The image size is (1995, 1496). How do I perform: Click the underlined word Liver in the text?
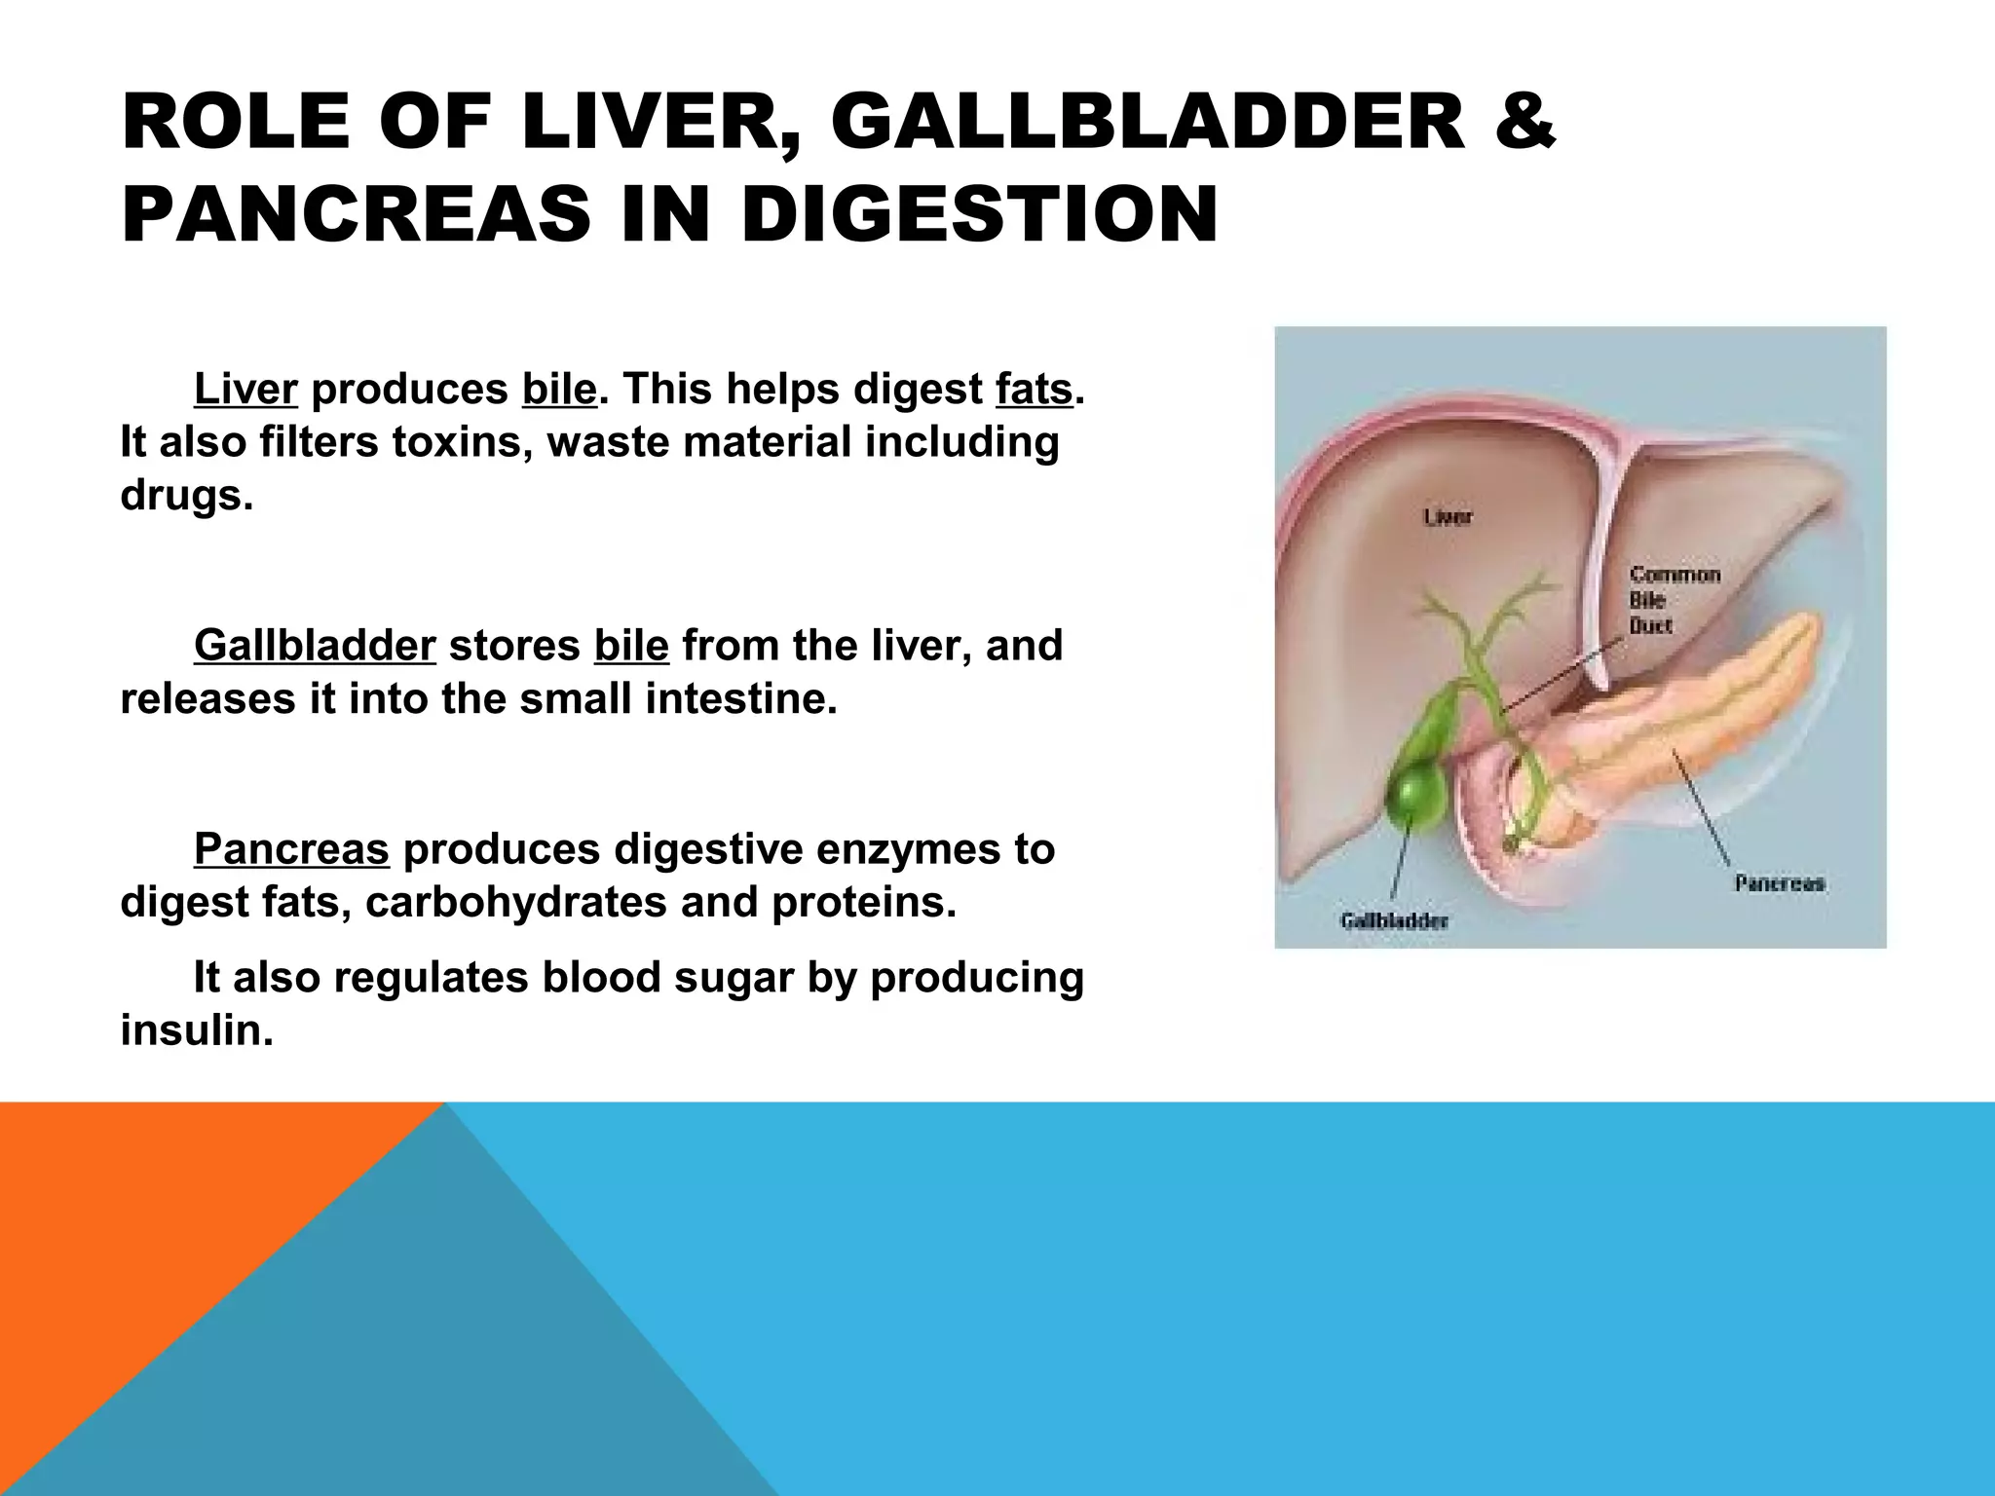click(245, 390)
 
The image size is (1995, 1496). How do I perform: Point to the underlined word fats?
click(1034, 390)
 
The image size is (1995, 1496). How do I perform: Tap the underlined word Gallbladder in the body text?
click(315, 646)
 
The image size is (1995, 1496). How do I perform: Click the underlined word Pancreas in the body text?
click(291, 849)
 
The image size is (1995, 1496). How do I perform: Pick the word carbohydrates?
click(516, 903)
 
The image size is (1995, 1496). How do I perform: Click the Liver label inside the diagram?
click(1448, 517)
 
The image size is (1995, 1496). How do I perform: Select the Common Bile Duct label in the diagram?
click(1674, 600)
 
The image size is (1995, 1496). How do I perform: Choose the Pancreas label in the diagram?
click(1780, 883)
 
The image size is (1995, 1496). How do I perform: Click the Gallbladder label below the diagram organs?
click(1395, 920)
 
